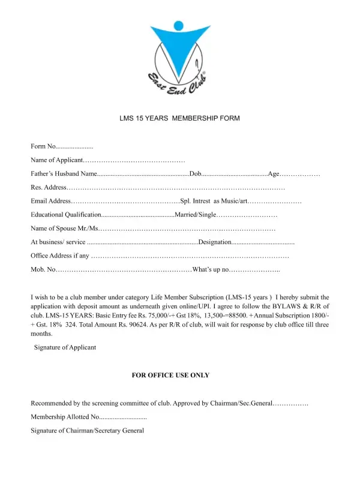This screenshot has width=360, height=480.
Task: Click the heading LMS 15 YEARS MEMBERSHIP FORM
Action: [x=180, y=118]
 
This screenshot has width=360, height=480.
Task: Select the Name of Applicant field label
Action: [x=56, y=160]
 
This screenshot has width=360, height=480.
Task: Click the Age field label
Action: [x=274, y=174]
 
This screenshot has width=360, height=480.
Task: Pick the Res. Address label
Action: [x=45, y=188]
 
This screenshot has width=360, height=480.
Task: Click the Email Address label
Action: [x=51, y=201]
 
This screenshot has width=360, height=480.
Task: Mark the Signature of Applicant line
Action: [x=65, y=347]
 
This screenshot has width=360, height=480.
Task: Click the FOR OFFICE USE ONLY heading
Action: [x=170, y=375]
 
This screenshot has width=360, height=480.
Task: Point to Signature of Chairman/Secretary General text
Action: [x=88, y=430]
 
